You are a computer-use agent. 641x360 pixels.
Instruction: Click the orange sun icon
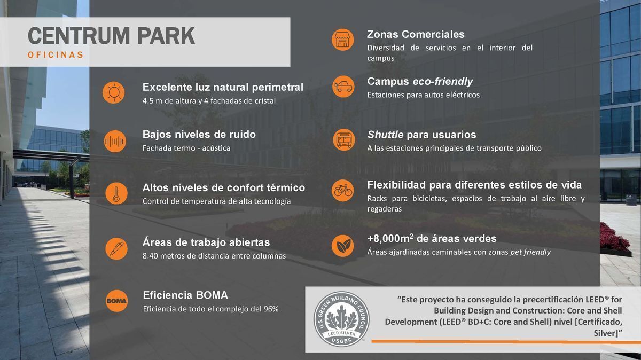click(x=114, y=92)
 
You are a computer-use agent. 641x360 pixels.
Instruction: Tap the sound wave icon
click(x=115, y=141)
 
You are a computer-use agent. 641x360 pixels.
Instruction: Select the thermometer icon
click(x=116, y=193)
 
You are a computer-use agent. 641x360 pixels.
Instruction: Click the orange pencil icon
click(x=116, y=249)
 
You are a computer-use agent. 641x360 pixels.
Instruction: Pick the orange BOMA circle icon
click(x=116, y=301)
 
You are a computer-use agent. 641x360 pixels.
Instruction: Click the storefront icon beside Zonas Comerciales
click(x=342, y=40)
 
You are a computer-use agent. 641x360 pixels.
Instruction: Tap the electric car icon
click(x=343, y=87)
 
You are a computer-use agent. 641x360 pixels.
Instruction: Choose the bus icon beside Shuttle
click(x=343, y=139)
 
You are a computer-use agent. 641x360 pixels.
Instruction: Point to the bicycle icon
click(x=343, y=190)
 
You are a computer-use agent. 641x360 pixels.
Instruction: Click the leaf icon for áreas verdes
click(x=343, y=246)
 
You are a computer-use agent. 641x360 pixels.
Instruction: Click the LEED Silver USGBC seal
click(x=341, y=319)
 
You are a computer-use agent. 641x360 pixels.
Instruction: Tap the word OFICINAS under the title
click(x=56, y=54)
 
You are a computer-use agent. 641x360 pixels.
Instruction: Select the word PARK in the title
click(x=166, y=36)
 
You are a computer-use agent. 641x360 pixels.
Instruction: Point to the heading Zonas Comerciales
click(x=416, y=34)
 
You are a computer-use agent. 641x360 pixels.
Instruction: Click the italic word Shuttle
click(x=386, y=135)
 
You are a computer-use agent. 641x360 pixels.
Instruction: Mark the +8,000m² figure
click(x=390, y=238)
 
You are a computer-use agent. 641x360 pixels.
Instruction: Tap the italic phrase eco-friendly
click(x=443, y=82)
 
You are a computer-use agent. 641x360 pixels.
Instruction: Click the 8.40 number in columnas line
click(x=150, y=256)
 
